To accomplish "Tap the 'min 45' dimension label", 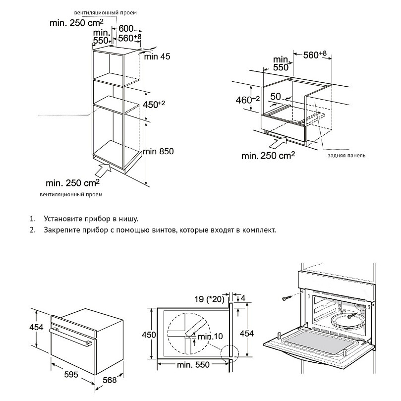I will [157, 57].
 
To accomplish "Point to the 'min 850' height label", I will [158, 151].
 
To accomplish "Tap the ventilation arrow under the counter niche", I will [278, 144].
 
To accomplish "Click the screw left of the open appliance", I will [287, 297].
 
